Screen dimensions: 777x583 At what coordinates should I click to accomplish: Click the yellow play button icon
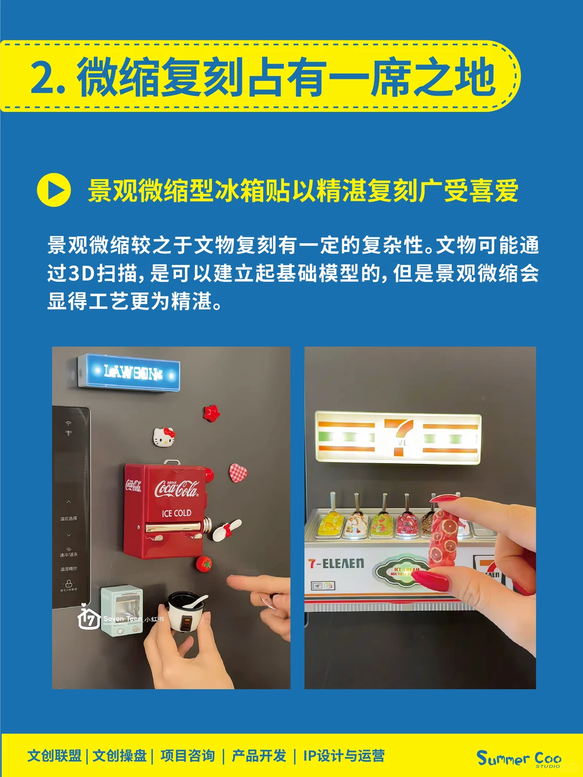53,190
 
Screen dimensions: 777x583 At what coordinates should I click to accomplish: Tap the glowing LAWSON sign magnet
130,372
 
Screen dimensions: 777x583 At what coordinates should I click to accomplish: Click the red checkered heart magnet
238,473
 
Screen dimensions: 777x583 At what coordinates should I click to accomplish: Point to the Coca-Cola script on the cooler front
177,489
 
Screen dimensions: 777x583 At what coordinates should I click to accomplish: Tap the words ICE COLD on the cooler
177,513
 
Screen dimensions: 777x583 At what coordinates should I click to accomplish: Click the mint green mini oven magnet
122,610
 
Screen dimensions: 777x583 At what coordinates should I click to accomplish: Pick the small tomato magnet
204,563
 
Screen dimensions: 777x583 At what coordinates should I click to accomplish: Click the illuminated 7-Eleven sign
398,438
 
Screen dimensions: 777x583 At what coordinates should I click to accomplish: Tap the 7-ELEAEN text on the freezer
336,564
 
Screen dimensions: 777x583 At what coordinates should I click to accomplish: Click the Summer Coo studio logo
519,758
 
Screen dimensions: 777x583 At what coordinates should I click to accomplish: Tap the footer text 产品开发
259,756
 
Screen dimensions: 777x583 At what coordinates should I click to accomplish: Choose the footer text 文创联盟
55,756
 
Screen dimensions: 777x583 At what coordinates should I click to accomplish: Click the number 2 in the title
42,78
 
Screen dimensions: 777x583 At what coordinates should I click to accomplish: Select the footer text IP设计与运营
344,756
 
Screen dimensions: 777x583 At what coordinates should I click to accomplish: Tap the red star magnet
212,413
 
